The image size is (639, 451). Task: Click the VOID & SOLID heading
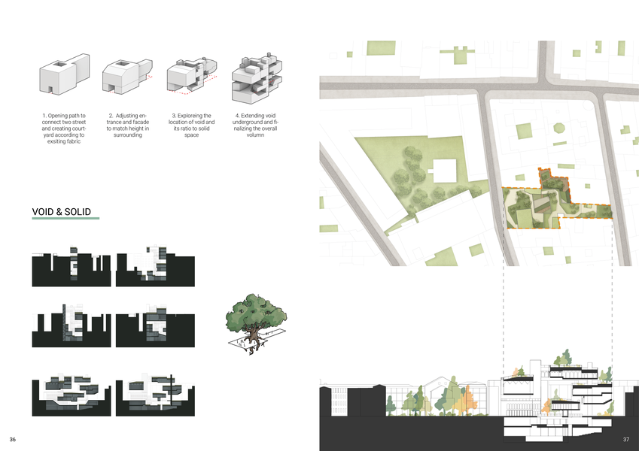pyautogui.click(x=62, y=212)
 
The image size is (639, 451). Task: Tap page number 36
pyautogui.click(x=13, y=439)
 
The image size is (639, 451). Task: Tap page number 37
pyautogui.click(x=625, y=439)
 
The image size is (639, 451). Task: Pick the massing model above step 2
pyautogui.click(x=124, y=77)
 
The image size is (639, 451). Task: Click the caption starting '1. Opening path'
pyautogui.click(x=64, y=128)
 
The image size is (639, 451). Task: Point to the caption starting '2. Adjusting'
pyautogui.click(x=127, y=125)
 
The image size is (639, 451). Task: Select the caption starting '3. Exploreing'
pyautogui.click(x=191, y=125)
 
